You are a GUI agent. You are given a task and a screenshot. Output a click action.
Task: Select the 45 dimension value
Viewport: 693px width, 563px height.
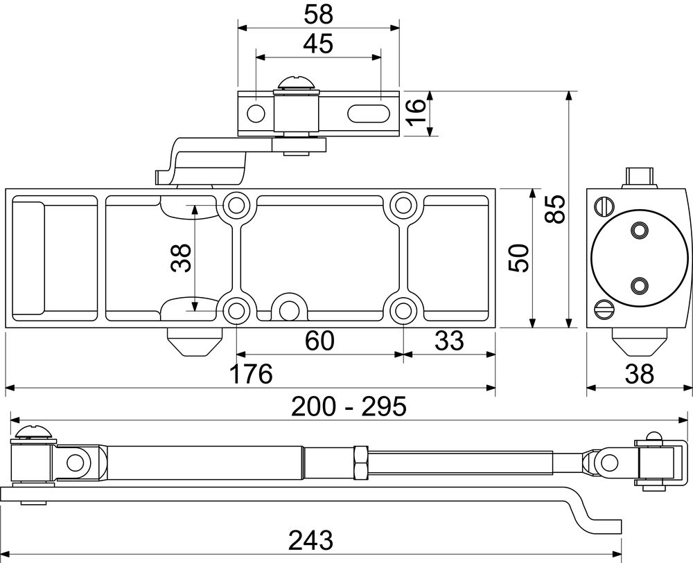(318, 44)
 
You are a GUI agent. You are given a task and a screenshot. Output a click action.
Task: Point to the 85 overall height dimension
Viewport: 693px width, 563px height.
(554, 209)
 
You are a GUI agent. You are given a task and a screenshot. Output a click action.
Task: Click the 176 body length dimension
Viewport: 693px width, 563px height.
(251, 373)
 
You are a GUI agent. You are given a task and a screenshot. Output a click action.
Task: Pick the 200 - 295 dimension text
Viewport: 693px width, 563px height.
(349, 406)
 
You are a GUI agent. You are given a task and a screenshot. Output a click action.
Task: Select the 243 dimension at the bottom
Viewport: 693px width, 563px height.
(310, 540)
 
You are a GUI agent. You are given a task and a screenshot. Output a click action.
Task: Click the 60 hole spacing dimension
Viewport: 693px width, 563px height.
(320, 341)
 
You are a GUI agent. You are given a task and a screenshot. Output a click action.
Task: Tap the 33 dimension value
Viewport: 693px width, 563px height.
(450, 341)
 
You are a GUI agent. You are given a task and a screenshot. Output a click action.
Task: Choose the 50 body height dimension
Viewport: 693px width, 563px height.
(519, 258)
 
